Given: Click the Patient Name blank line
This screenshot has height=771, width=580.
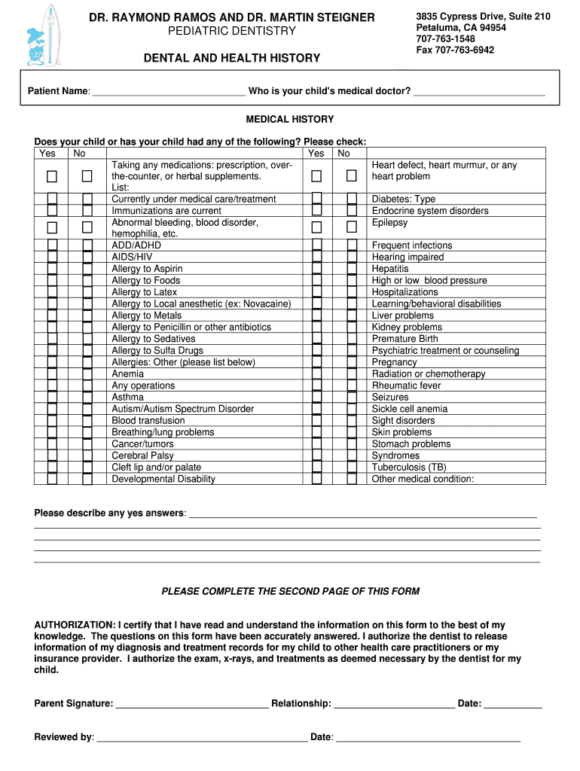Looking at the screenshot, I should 167,92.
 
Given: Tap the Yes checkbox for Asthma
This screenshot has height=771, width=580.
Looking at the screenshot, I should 52,397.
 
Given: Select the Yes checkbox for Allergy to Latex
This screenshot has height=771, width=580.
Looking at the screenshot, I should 52,292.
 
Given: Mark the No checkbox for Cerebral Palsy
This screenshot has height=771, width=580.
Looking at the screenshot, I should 87,456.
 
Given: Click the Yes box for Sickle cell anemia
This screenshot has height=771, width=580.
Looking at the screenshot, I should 316,409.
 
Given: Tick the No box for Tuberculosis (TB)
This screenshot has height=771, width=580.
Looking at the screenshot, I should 351,467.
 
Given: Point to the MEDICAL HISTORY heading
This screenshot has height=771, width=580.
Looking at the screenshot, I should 290,120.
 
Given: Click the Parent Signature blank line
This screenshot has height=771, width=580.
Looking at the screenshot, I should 192,704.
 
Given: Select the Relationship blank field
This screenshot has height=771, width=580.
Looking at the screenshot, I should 394,704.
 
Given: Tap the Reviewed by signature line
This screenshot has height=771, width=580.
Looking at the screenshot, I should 202,737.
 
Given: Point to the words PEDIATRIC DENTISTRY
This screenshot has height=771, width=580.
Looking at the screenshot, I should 231,31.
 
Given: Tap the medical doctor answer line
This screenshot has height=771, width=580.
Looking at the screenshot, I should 479,92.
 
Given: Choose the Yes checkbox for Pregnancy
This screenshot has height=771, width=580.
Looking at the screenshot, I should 316,362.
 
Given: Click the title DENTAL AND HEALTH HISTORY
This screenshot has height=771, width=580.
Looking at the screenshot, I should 232,58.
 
